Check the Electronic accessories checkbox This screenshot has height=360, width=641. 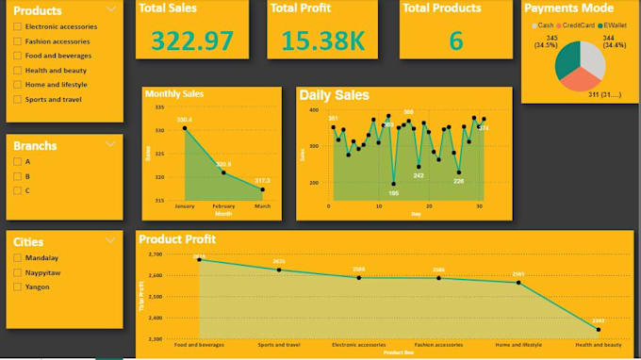pyautogui.click(x=18, y=26)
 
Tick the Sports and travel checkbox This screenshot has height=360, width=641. pyautogui.click(x=18, y=98)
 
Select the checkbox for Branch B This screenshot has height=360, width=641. pyautogui.click(x=18, y=176)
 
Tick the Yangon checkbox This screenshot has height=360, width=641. pyautogui.click(x=18, y=286)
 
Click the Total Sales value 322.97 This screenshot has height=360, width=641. pyautogui.click(x=192, y=41)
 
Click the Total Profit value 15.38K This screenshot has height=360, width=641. pyautogui.click(x=321, y=41)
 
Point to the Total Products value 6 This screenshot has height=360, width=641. pyautogui.click(x=456, y=41)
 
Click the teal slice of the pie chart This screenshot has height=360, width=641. pyautogui.click(x=567, y=58)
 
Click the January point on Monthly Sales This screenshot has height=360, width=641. pyautogui.click(x=185, y=127)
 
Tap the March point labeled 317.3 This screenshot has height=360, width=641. pyautogui.click(x=262, y=189)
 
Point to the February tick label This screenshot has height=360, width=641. pyautogui.click(x=223, y=205)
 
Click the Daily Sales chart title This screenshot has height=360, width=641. pyautogui.click(x=334, y=95)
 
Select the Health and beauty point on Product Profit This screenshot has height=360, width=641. pyautogui.click(x=599, y=330)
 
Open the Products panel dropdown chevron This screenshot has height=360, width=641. pyautogui.click(x=111, y=10)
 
